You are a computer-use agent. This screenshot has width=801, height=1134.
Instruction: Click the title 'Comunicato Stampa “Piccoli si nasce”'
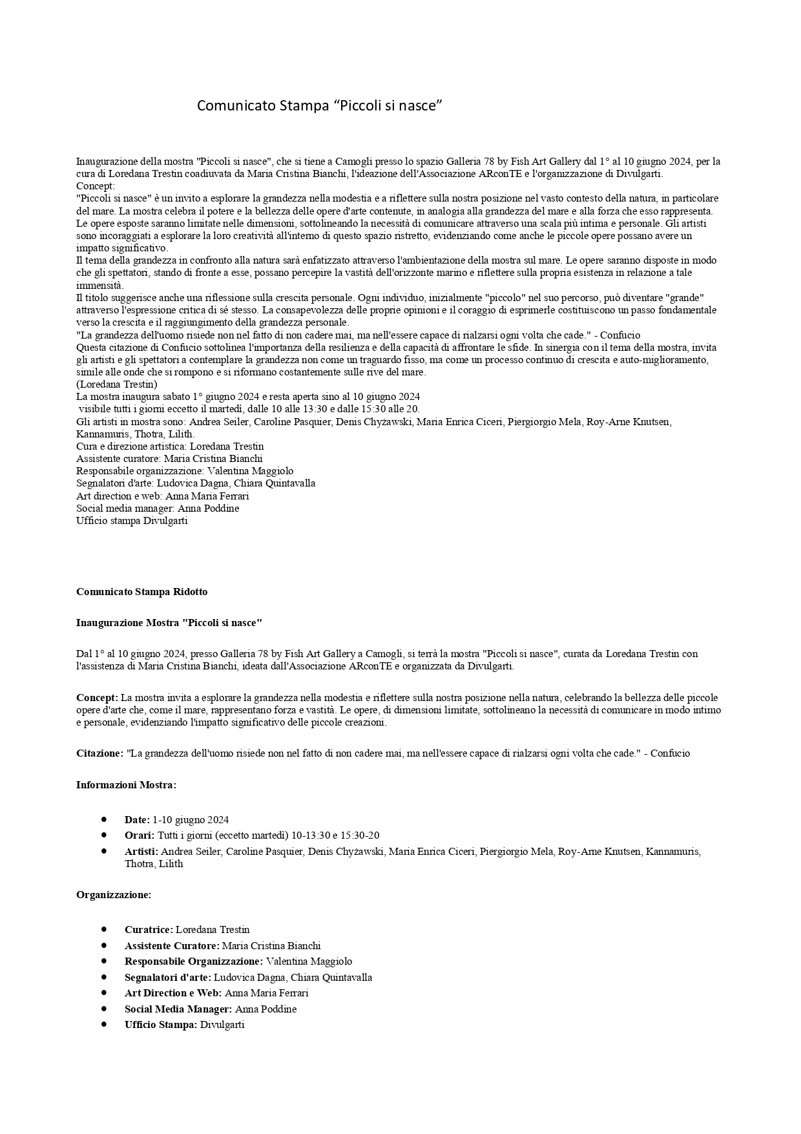pos(319,105)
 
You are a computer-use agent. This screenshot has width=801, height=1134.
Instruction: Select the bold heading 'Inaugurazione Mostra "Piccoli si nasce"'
pos(169,623)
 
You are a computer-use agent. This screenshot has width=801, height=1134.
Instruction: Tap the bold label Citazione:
pos(99,753)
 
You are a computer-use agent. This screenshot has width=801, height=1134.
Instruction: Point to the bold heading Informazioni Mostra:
pos(126,785)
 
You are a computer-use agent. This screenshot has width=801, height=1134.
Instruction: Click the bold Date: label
pos(137,820)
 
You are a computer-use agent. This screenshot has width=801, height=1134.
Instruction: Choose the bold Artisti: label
pos(141,852)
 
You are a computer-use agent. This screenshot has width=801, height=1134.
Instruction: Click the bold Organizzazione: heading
pos(114,895)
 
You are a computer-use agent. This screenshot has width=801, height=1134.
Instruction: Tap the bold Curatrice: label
pos(149,930)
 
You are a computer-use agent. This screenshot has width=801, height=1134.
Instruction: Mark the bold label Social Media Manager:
pos(178,1009)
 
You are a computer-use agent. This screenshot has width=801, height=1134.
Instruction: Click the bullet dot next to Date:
pos(103,819)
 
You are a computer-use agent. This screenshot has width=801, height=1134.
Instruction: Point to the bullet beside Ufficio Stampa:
pos(103,1024)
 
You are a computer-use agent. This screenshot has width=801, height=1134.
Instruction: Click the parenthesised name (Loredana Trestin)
pos(117,384)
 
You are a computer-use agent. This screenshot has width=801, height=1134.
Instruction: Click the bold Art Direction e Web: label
pos(173,993)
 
